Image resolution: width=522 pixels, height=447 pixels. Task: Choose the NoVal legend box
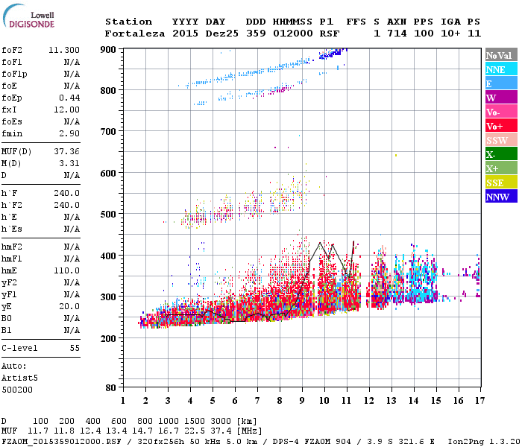pyautogui.click(x=498, y=55)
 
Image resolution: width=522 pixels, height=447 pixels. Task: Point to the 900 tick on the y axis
pyautogui.click(x=109, y=50)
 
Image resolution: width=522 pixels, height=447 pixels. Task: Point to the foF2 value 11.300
pyautogui.click(x=64, y=50)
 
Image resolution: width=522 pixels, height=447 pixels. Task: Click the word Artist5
pyautogui.click(x=18, y=378)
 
